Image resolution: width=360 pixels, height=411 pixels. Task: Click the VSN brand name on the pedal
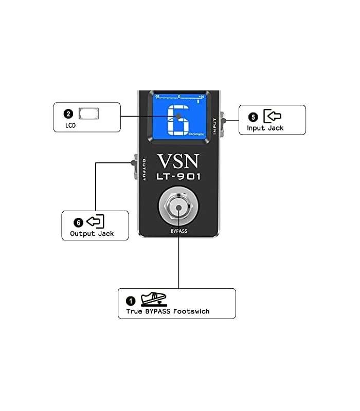pyautogui.click(x=178, y=161)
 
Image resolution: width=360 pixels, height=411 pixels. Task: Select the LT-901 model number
pyautogui.click(x=178, y=177)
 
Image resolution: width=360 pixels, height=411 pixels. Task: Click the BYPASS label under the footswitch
pyautogui.click(x=178, y=231)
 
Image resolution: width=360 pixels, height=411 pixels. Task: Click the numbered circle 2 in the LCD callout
pyautogui.click(x=68, y=114)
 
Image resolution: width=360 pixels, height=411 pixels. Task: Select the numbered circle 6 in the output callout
pyautogui.click(x=78, y=222)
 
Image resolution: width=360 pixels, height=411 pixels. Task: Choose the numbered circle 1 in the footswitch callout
pyautogui.click(x=131, y=301)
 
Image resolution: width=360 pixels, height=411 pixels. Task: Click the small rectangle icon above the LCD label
pyautogui.click(x=88, y=114)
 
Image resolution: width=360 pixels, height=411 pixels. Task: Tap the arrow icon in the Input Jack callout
pyautogui.click(x=272, y=116)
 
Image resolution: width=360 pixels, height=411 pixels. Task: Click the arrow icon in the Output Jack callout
pyautogui.click(x=95, y=221)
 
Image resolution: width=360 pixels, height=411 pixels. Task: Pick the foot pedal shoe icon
pyautogui.click(x=152, y=299)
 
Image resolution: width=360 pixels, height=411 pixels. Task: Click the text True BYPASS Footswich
pyautogui.click(x=168, y=311)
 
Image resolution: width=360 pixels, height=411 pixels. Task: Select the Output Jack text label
pyautogui.click(x=92, y=234)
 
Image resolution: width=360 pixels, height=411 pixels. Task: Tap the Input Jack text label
pyautogui.click(x=265, y=128)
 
